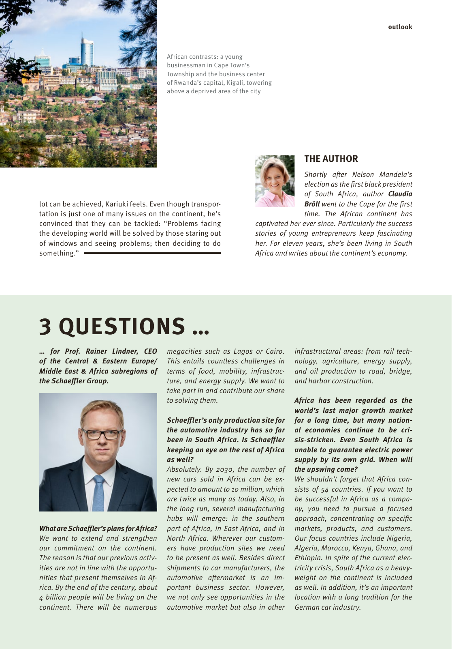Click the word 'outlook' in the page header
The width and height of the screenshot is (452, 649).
(400, 27)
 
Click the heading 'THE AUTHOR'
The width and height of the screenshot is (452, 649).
(331, 159)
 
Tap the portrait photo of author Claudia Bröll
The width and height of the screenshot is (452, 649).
(275, 181)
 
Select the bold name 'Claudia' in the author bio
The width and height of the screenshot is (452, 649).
(400, 194)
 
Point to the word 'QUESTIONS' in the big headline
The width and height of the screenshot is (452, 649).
(122, 326)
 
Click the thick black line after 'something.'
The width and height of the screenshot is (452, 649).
(152, 253)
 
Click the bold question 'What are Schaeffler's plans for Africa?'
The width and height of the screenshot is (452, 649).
(98, 529)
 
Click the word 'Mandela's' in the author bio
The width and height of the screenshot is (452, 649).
(395, 174)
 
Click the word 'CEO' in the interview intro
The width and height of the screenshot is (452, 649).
(150, 351)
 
